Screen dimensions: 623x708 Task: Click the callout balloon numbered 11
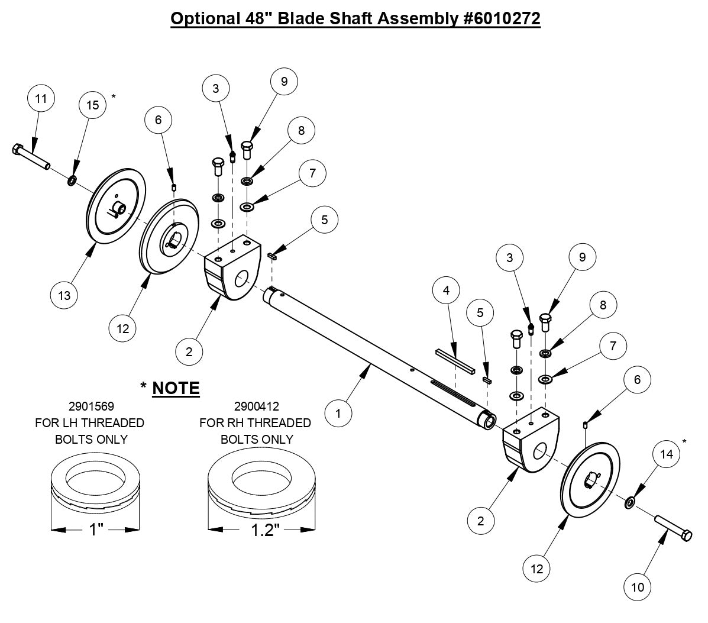(41, 99)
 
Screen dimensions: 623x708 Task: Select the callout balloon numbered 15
(93, 105)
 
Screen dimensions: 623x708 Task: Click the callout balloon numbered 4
(447, 290)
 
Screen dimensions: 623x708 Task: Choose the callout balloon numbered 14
(666, 454)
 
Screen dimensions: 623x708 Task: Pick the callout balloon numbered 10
(638, 587)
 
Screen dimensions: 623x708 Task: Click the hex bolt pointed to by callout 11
(31, 157)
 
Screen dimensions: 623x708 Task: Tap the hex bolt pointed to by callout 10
(673, 527)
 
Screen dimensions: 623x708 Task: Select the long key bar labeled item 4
(455, 361)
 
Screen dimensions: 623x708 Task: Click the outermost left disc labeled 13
(116, 208)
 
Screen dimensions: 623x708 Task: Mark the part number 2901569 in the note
(91, 406)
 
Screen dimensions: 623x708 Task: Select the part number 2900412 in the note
(256, 406)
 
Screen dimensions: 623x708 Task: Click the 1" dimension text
(96, 529)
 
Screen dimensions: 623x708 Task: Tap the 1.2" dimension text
(262, 529)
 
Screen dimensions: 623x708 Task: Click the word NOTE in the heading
(176, 388)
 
